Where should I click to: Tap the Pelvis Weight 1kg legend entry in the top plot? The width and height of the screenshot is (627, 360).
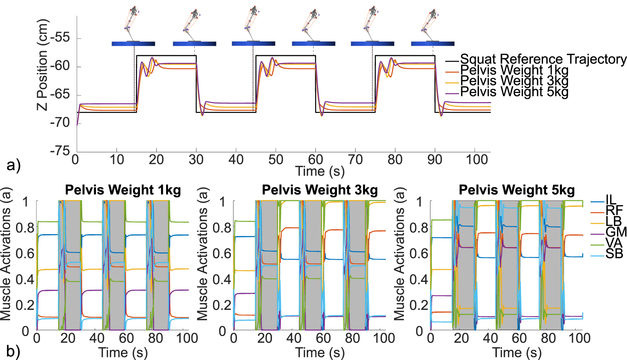(514, 70)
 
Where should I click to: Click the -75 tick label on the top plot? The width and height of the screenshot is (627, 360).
(60, 150)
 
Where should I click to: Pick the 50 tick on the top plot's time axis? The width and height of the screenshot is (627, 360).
(276, 159)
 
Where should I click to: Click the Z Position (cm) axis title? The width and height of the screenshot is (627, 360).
(42, 65)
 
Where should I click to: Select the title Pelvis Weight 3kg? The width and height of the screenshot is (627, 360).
(320, 190)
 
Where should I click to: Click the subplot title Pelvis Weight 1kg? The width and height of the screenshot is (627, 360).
(123, 190)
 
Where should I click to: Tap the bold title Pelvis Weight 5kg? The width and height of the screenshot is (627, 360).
(517, 190)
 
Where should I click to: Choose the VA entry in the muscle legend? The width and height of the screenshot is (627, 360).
(614, 243)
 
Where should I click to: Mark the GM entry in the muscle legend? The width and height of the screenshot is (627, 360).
(616, 232)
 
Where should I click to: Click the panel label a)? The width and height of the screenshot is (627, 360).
(14, 165)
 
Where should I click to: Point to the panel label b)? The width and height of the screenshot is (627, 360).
(13, 351)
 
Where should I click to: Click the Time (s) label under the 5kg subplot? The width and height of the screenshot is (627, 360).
(517, 352)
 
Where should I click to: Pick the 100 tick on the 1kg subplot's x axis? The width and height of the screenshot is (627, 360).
(187, 338)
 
